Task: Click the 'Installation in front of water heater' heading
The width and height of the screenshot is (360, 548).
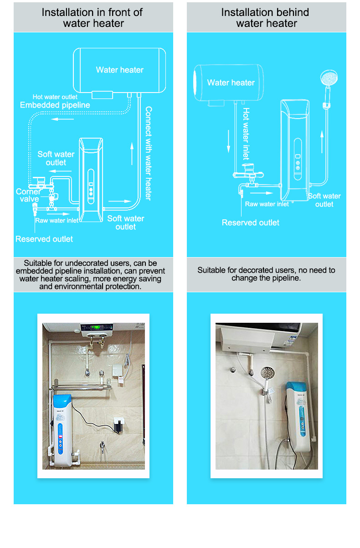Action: click(92, 18)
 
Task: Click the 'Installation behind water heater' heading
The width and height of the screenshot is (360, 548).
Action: click(265, 18)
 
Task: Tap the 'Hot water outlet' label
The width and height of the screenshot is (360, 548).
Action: click(55, 97)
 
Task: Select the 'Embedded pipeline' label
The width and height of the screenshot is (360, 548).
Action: click(55, 105)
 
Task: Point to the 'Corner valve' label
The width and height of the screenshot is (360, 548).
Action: click(28, 195)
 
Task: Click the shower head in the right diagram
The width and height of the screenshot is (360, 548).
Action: click(329, 78)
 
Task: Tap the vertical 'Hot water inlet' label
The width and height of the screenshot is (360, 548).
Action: click(246, 134)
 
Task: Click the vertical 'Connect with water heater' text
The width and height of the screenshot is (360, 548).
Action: click(149, 153)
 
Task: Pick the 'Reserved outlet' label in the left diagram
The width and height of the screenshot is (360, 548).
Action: click(44, 239)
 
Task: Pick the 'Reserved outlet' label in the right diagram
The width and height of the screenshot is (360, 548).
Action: click(251, 222)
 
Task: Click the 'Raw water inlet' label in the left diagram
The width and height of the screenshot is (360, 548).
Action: click(57, 220)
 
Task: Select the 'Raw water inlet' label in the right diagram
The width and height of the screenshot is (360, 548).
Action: click(267, 204)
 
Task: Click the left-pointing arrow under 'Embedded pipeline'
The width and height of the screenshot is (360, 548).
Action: click(62, 119)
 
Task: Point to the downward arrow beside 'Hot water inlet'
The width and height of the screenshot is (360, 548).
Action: click(228, 141)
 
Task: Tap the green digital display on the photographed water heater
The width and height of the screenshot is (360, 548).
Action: click(96, 327)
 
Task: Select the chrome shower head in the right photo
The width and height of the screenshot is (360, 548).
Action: click(267, 373)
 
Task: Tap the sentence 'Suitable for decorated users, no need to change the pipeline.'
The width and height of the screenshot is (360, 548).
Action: click(266, 274)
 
